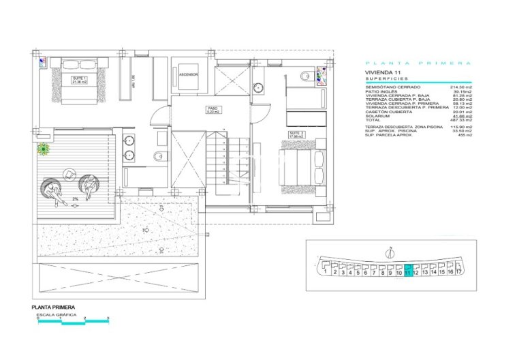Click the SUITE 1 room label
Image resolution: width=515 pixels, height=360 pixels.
[x=80, y=80]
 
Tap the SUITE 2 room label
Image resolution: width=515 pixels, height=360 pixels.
[x=296, y=134]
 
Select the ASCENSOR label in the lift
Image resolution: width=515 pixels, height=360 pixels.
[x=189, y=74]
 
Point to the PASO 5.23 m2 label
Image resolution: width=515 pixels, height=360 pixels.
[x=213, y=110]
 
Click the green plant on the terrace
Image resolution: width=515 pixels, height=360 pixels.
[x=44, y=148]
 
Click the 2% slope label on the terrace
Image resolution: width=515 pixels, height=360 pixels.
[x=76, y=199]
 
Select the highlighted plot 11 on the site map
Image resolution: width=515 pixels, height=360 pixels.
[x=408, y=271]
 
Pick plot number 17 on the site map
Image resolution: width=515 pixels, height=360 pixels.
[x=459, y=271]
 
